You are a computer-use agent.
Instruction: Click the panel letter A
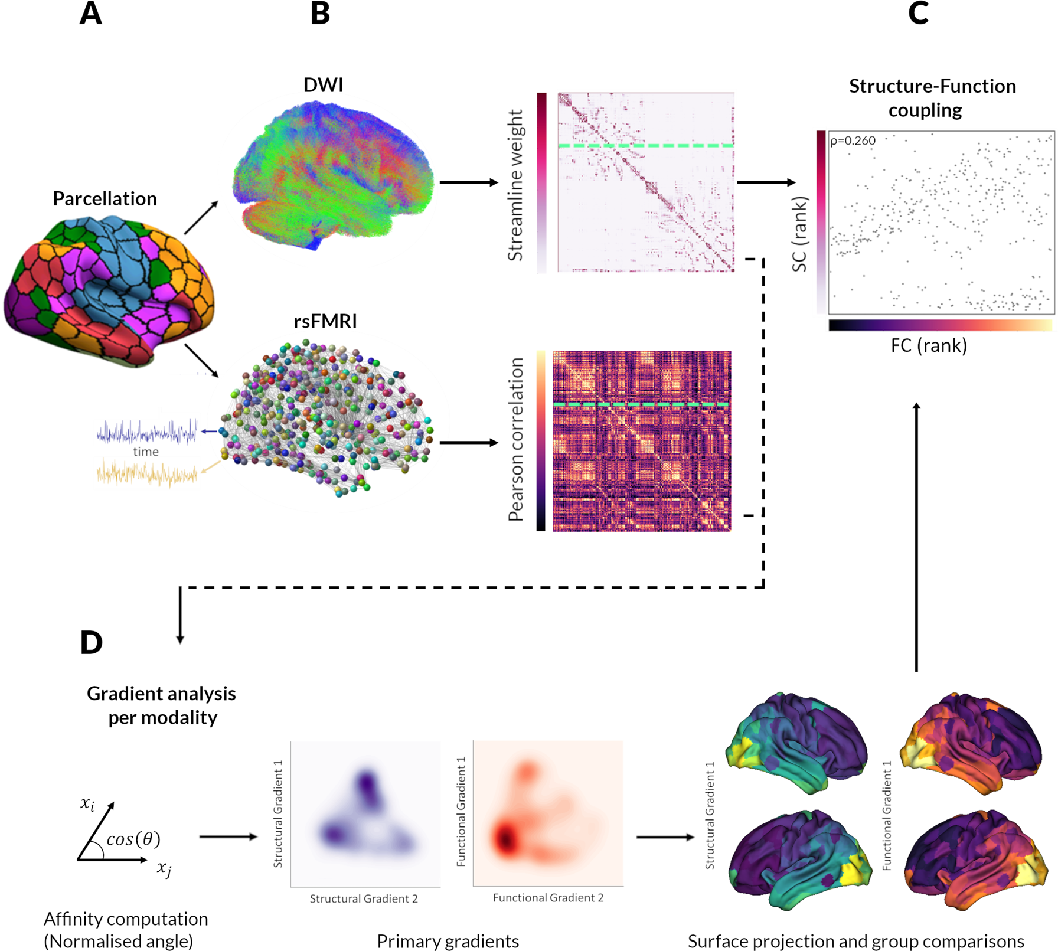(x=90, y=14)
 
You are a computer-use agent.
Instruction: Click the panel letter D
(x=92, y=643)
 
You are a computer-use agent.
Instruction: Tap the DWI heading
(x=323, y=85)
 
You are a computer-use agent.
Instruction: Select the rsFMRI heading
(x=325, y=322)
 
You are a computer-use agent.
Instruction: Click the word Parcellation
(x=105, y=199)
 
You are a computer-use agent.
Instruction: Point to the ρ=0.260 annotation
(x=853, y=141)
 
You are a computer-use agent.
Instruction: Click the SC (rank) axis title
(x=799, y=234)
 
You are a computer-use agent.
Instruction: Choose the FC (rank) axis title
(x=929, y=345)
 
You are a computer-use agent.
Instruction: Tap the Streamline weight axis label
(x=515, y=185)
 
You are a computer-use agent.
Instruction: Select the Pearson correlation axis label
(x=516, y=440)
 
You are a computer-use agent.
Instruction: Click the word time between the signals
(x=146, y=452)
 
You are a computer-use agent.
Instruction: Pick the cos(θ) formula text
(x=133, y=839)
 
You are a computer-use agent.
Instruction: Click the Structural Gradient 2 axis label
(x=364, y=899)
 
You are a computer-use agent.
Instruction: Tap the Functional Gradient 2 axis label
(x=548, y=898)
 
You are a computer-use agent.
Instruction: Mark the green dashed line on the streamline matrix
(x=646, y=145)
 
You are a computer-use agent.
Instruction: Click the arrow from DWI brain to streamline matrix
(x=469, y=182)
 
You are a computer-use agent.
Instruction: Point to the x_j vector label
(x=164, y=869)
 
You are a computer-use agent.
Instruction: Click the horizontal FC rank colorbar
(x=941, y=325)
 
